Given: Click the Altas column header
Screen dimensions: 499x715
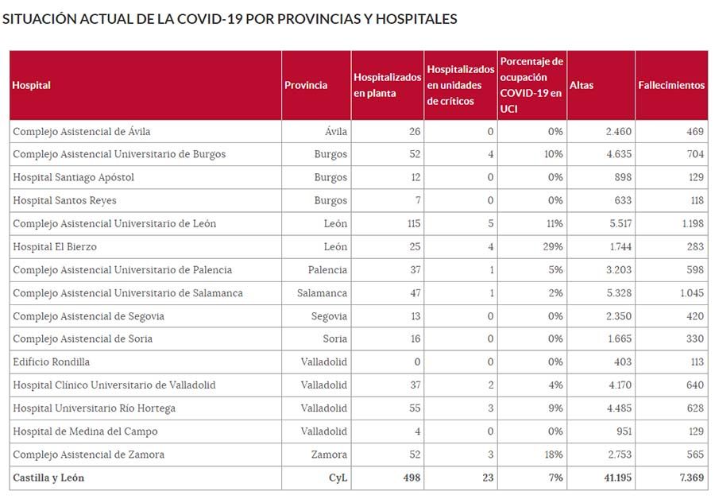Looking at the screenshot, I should [582, 85].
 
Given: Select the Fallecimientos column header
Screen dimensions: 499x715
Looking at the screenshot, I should [671, 85].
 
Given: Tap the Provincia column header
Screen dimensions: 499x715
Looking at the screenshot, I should [306, 85].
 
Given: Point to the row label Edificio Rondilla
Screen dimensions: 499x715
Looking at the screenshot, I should [52, 362].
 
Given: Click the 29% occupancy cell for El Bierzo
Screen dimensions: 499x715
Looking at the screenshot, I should [554, 247].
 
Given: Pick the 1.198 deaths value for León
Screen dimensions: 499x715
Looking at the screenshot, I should [692, 224].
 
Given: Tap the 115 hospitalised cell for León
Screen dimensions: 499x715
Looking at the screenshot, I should [413, 224].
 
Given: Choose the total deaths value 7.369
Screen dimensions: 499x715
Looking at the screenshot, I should [690, 478].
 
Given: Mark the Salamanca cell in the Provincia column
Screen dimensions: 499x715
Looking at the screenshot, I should [322, 293].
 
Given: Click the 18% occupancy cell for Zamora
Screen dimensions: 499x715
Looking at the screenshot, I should [554, 455].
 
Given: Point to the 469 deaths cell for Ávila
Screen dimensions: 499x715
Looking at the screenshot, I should [695, 131].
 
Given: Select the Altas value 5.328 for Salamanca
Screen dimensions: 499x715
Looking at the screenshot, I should [619, 293].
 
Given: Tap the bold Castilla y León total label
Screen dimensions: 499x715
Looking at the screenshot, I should [48, 478].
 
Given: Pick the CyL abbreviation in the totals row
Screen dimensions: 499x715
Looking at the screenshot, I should [338, 478].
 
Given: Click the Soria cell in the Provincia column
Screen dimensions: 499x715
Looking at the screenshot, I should [334, 339].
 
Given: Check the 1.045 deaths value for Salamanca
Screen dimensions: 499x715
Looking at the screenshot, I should [691, 293].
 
